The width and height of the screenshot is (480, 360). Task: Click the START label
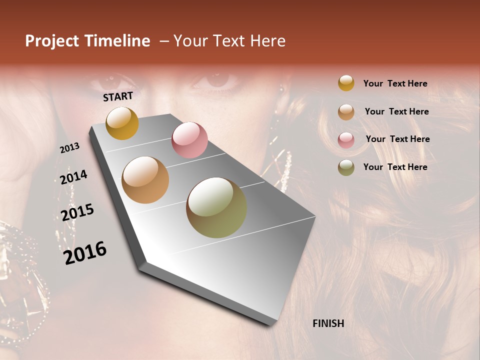[118, 96]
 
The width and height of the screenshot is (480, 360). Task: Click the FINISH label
[328, 323]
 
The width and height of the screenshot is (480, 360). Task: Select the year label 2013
[70, 147]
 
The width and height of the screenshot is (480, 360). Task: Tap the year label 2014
[74, 177]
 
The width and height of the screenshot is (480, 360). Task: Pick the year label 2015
[77, 212]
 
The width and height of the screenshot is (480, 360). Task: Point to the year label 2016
[85, 252]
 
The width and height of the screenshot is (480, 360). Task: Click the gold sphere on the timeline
[122, 123]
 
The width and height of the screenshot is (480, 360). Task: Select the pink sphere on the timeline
[189, 140]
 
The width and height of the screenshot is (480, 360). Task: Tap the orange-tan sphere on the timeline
[145, 180]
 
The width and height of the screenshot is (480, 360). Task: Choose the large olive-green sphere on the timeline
[216, 207]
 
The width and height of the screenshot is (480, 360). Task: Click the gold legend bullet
[346, 83]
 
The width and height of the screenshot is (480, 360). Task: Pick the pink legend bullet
[346, 140]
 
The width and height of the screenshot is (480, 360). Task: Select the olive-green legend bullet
[346, 167]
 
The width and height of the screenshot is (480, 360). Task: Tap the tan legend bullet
[346, 112]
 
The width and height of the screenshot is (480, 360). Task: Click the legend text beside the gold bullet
[395, 83]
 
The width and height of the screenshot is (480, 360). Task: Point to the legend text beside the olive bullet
[395, 167]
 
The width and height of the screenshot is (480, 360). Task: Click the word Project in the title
[52, 41]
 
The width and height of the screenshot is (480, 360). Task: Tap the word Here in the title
[267, 41]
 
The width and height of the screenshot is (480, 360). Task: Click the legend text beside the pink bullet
[397, 139]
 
